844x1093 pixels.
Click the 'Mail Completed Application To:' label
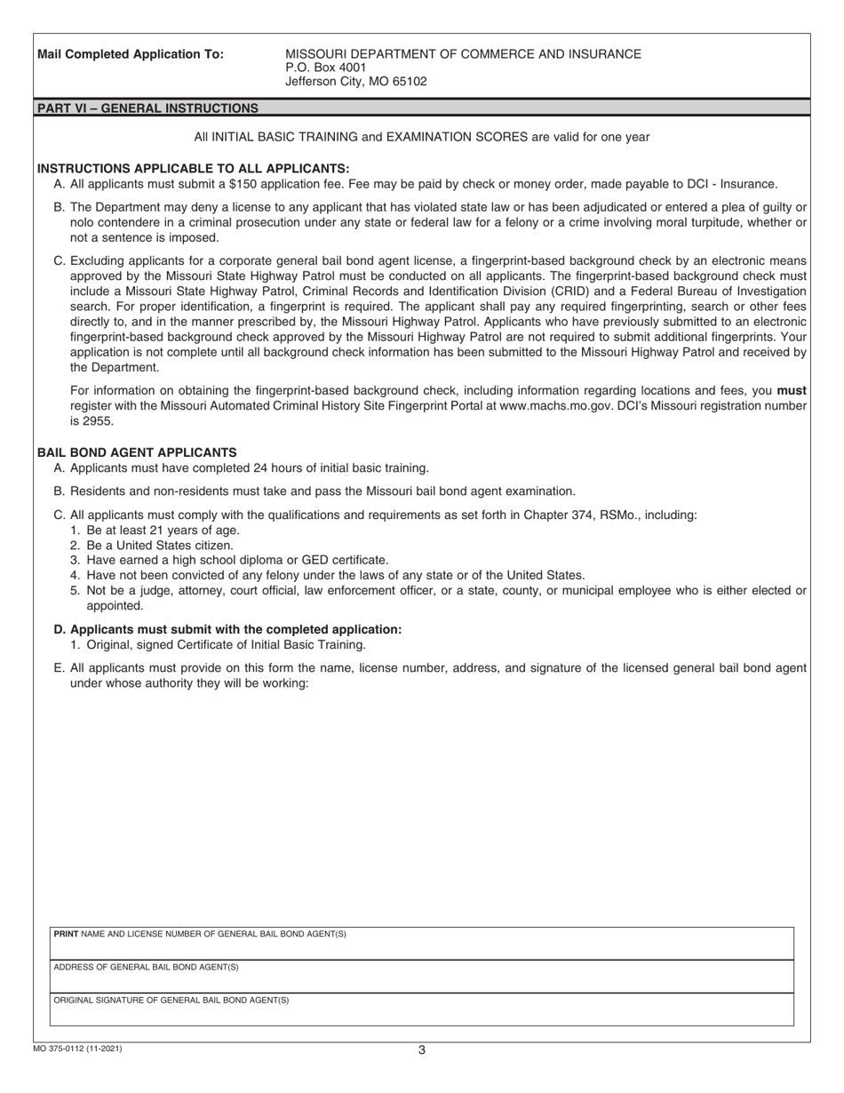131,54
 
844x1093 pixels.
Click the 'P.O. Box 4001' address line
325,68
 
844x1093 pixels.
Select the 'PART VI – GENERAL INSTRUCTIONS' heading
147,108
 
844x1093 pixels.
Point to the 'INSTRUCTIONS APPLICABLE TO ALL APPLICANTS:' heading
194,168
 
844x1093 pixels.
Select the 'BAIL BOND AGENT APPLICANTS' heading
137,452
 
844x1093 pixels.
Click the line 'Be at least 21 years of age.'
163,530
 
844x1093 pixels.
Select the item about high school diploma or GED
237,560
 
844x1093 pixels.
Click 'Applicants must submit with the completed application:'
235,629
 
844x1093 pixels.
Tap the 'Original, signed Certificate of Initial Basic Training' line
226,645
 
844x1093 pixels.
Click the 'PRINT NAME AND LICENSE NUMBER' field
421,943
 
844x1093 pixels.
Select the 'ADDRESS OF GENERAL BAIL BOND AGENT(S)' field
421,976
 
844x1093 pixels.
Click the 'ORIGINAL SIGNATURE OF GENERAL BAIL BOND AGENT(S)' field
421,1009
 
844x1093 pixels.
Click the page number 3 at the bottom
422,1050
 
